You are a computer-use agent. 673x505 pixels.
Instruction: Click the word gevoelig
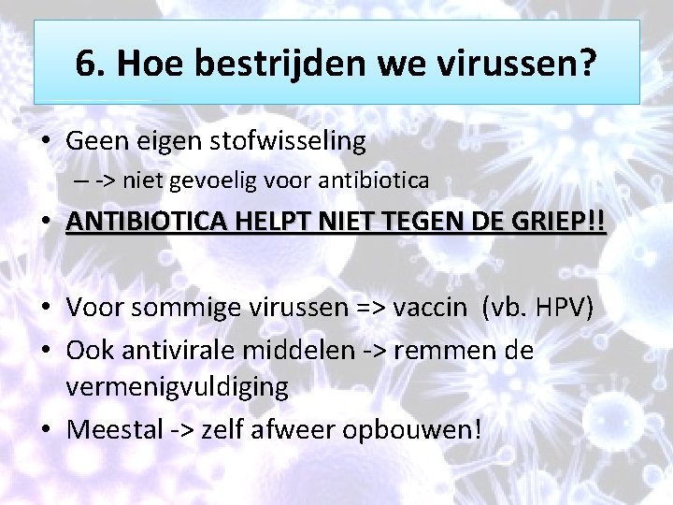click(223, 181)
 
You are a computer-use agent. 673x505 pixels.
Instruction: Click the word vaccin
click(433, 308)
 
